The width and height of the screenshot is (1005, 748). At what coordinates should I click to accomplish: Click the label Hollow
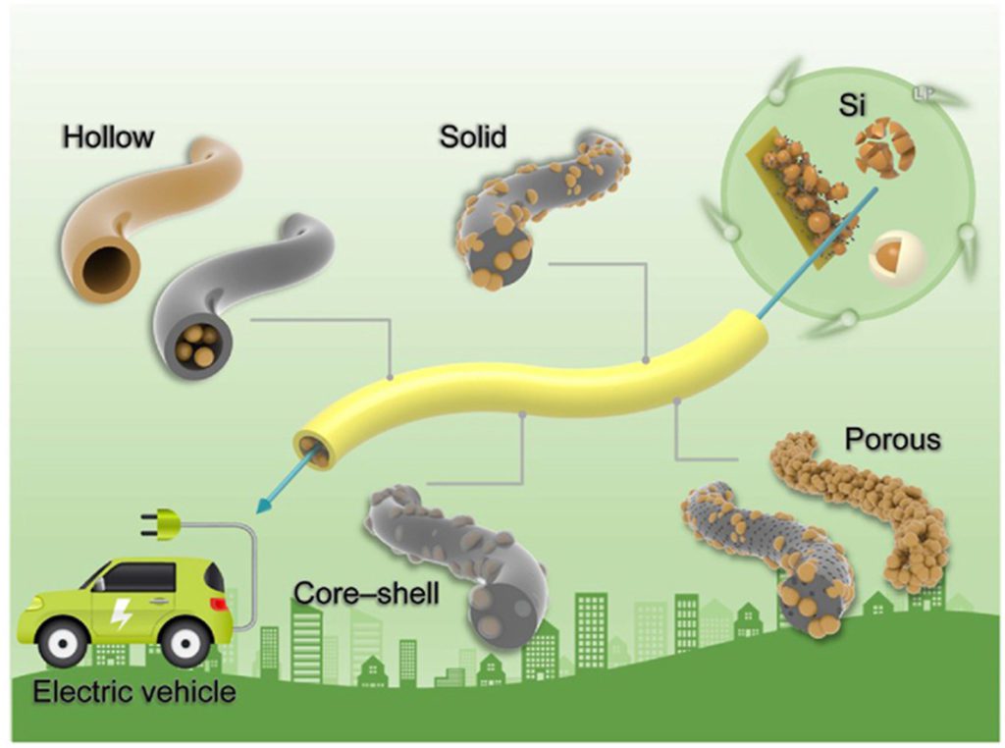(108, 136)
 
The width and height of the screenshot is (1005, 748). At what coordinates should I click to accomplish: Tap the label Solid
(473, 135)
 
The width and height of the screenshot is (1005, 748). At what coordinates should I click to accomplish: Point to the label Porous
(892, 439)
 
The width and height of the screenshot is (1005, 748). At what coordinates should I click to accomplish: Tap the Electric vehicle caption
(134, 692)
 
